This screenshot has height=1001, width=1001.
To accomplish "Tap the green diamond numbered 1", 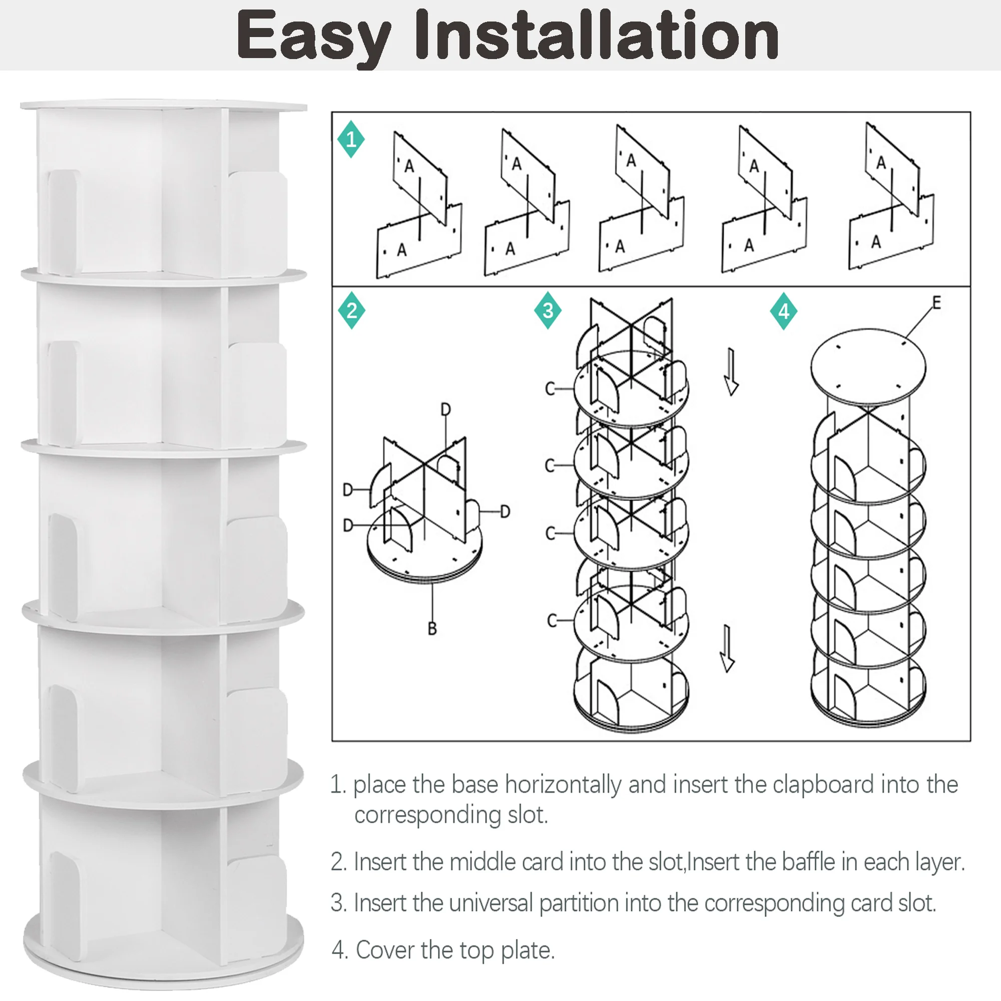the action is (x=351, y=139).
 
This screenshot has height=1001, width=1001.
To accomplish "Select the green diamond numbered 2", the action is (x=352, y=311).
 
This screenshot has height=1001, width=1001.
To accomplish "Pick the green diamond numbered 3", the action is (x=548, y=311).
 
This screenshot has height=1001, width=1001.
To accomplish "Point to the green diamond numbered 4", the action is (x=783, y=311).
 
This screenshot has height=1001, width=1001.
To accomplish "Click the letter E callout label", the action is (x=936, y=303).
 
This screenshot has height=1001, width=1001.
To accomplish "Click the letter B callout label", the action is (x=432, y=629).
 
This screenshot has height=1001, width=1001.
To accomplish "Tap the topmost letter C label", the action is (x=550, y=389).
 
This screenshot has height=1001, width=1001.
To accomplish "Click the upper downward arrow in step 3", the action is (x=731, y=372).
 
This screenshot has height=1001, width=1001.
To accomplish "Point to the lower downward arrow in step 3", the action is (x=727, y=649).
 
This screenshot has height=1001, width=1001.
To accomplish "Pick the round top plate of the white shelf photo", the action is (x=164, y=105).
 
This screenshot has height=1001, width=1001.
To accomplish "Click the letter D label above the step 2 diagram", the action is (x=445, y=410).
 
